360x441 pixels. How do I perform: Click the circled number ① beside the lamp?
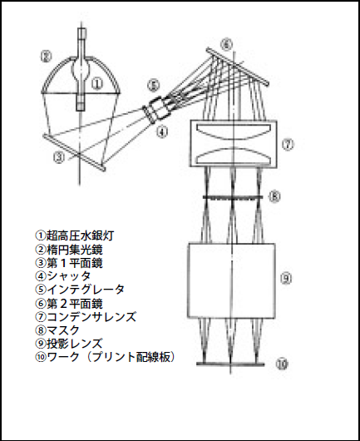tap(97, 83)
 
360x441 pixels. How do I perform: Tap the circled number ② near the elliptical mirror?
tap(46, 57)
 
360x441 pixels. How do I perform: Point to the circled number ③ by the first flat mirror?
tap(59, 157)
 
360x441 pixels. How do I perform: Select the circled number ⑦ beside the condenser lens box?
tap(288, 145)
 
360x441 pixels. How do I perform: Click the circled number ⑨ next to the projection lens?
tap(286, 279)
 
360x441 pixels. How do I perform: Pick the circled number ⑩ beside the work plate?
tap(282, 364)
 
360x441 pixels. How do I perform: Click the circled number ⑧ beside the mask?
tap(274, 196)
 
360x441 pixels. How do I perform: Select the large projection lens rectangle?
tap(231, 280)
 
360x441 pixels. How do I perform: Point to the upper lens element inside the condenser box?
tap(234, 131)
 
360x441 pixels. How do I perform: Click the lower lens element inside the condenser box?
tap(234, 156)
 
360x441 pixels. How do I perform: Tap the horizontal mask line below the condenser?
tap(233, 198)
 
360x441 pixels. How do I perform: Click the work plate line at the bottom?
tap(230, 364)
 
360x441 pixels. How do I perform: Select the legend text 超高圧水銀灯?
tap(80, 235)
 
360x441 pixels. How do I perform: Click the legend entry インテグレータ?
tap(86, 289)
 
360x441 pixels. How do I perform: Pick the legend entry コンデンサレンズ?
tap(91, 316)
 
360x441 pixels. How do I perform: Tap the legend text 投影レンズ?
tap(75, 344)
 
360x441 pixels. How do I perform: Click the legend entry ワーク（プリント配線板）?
tap(111, 357)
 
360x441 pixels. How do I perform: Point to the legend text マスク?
tap(63, 330)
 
